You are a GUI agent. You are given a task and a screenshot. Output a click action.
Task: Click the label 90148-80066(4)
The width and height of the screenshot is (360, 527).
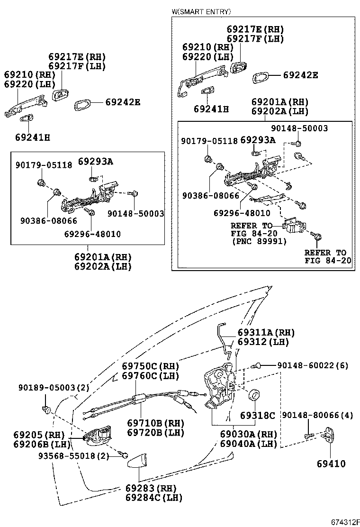[317, 415]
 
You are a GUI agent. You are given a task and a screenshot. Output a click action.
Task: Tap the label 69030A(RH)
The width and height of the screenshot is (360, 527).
[248, 434]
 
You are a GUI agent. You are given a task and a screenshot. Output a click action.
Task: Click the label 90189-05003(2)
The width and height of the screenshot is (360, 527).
[54, 387]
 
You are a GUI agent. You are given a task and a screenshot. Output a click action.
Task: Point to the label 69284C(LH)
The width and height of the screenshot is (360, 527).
[153, 498]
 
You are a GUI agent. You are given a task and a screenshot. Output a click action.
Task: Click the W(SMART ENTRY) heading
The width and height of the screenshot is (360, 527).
[201, 11]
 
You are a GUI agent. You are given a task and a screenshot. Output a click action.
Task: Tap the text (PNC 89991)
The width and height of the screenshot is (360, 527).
[259, 241]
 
